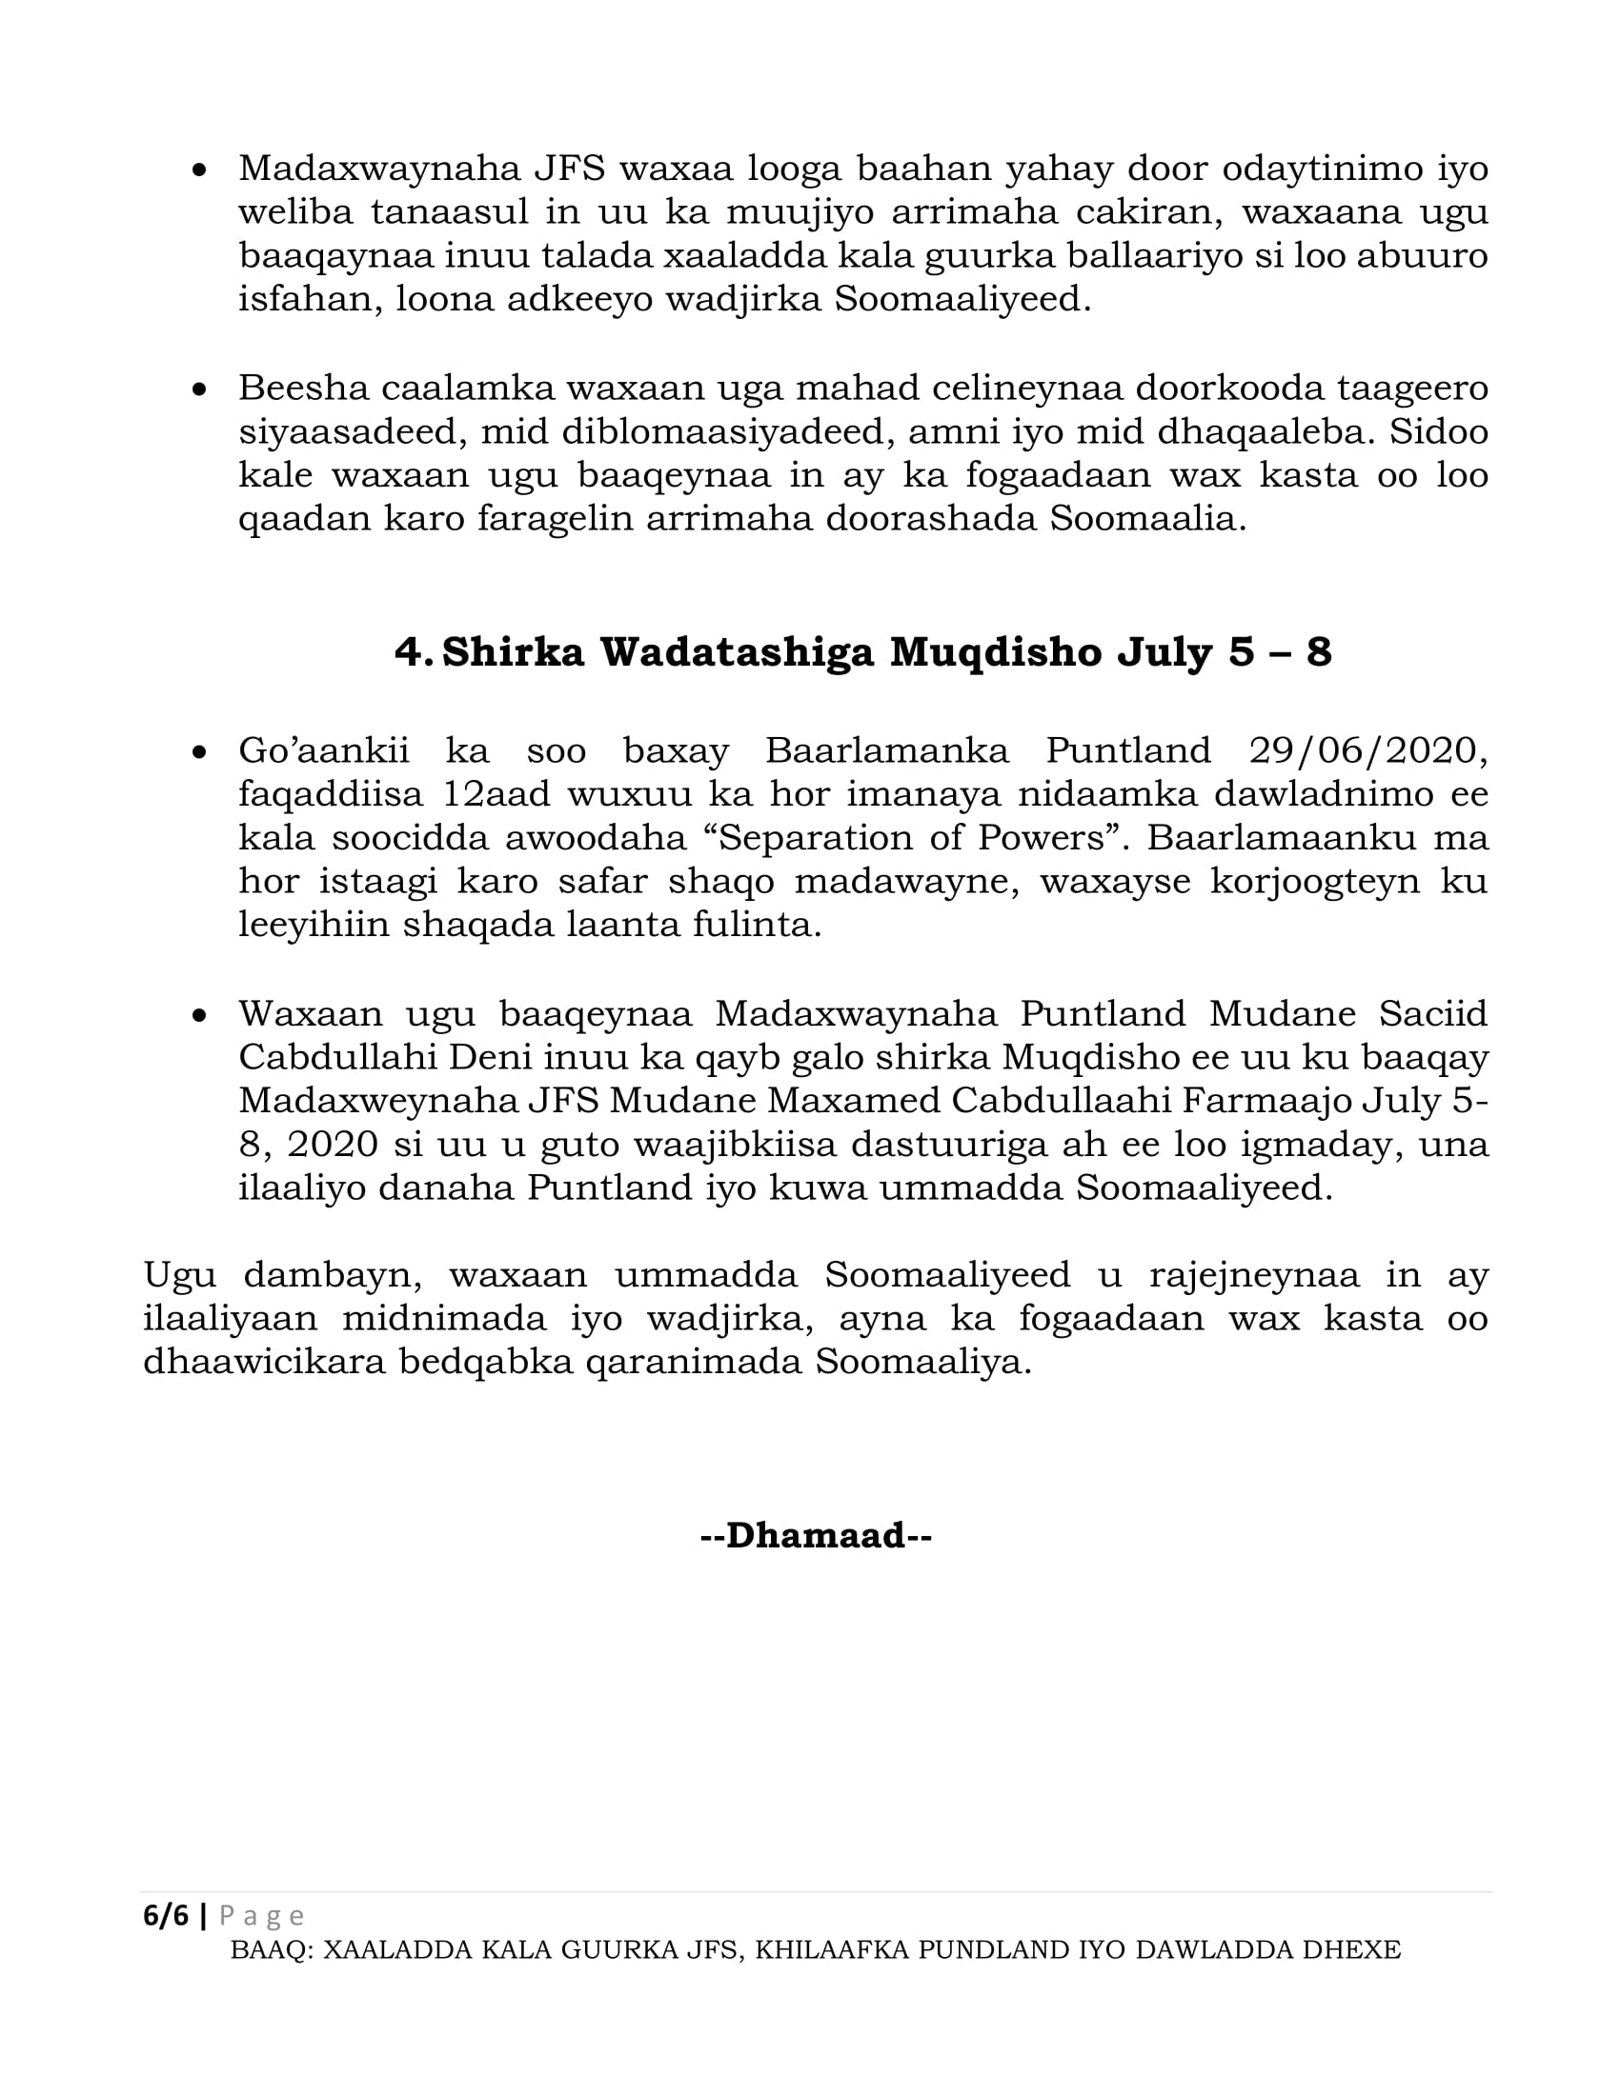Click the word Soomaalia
pos(1148,519)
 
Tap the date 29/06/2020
pos(1367,750)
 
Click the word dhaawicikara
pos(263,1363)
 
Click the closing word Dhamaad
pos(816,1535)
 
